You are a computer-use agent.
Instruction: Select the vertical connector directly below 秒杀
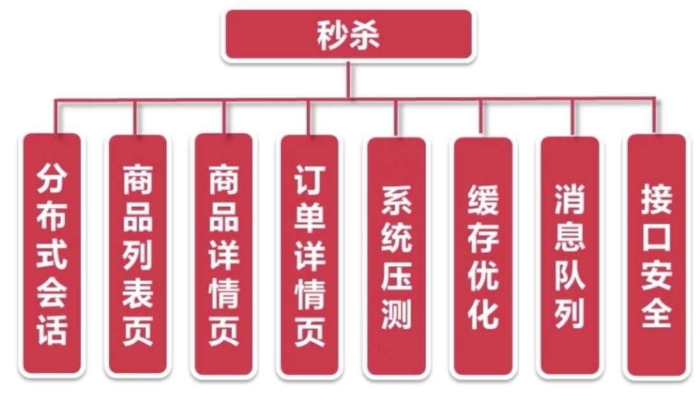click(348, 80)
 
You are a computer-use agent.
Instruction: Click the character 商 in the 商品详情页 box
click(224, 182)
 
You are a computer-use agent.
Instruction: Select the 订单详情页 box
click(309, 255)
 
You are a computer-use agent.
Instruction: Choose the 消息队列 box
click(570, 255)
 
